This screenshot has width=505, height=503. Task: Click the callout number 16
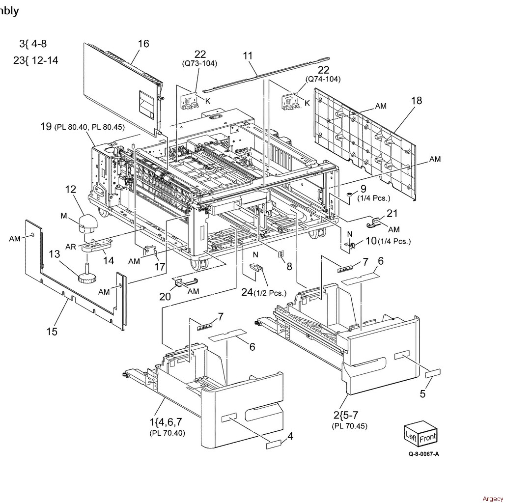coord(143,44)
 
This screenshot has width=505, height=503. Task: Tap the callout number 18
coord(417,101)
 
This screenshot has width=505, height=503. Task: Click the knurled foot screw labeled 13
coord(87,277)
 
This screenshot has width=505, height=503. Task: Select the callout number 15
coord(52,332)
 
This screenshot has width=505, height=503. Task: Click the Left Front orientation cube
coord(420,435)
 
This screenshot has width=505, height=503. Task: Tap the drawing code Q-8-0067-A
coord(423,454)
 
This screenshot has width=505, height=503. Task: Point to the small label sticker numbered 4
coord(273,445)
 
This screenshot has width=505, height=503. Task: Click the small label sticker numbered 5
coord(433,374)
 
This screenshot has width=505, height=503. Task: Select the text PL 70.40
coord(167,433)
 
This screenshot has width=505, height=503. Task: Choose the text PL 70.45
coord(350,426)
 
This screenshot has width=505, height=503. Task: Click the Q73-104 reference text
coord(199,63)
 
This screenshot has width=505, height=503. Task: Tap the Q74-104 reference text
coord(323,79)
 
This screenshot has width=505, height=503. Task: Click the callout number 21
coord(392,213)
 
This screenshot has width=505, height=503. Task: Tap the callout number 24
coord(247,293)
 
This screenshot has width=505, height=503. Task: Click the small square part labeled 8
coord(281,254)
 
